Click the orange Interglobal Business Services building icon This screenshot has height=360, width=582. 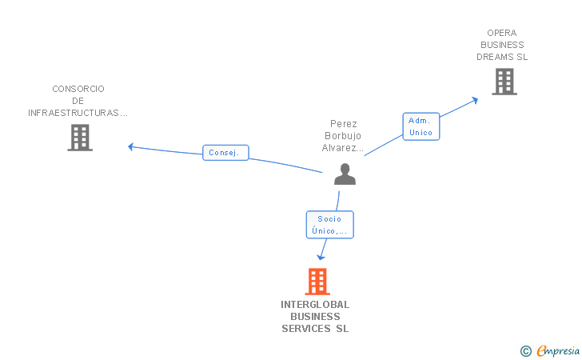tap(317, 282)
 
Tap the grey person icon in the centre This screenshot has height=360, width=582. tap(345, 174)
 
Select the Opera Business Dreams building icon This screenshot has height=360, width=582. tap(504, 82)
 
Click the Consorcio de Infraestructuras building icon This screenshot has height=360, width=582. tap(80, 138)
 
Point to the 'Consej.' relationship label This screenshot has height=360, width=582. tap(226, 152)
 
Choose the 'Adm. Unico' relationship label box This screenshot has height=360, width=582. tap(421, 126)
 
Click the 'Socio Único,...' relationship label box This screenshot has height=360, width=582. tap(329, 225)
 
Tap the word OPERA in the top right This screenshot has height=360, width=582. tap(502, 33)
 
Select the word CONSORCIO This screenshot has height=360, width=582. tap(78, 89)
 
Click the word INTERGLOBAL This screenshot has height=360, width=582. tap(315, 304)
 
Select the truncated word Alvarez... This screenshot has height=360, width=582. tap(343, 148)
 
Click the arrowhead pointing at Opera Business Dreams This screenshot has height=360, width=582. tap(475, 99)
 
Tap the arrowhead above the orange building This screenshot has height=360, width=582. tap(321, 257)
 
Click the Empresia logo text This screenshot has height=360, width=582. tap(558, 350)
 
